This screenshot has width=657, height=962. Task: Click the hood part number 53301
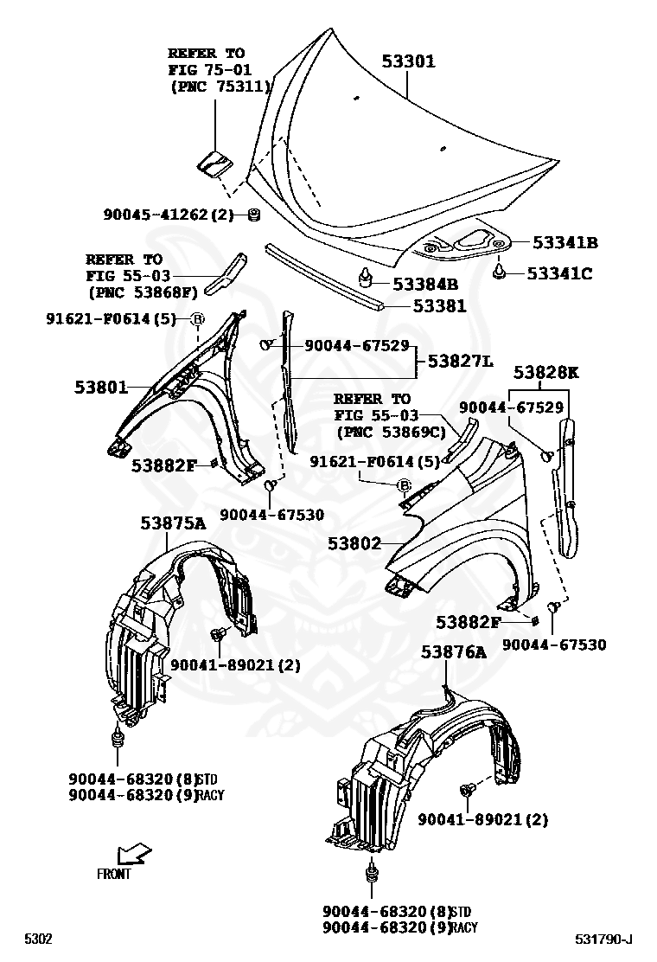(x=409, y=61)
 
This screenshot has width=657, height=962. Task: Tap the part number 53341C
(x=559, y=274)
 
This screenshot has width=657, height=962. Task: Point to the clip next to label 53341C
(x=500, y=273)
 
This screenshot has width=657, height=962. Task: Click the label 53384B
(x=424, y=284)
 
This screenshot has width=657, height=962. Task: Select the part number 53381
(x=439, y=305)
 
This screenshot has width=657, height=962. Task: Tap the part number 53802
(x=354, y=543)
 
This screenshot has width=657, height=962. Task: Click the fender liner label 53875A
(x=173, y=523)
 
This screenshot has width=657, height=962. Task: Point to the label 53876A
(x=454, y=652)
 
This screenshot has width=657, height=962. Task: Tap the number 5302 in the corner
(x=38, y=939)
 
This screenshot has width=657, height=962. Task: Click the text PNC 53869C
(x=390, y=431)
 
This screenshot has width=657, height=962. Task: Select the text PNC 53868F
(x=142, y=292)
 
